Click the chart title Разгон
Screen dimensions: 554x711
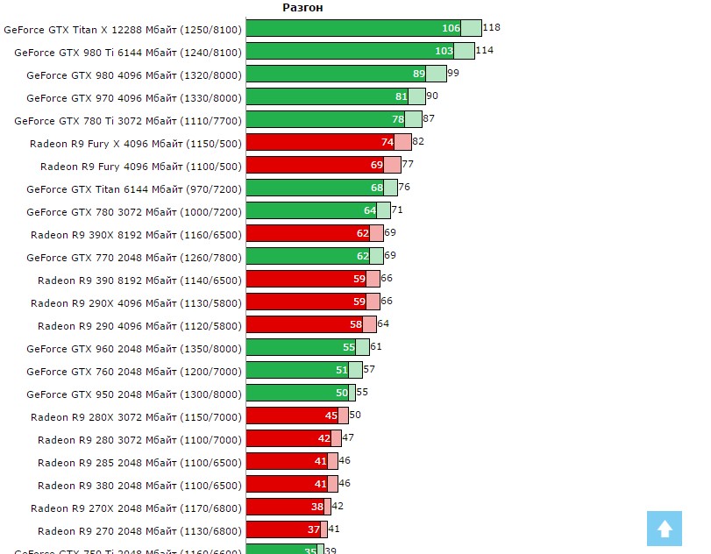click(x=302, y=8)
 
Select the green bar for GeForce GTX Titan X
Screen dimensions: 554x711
click(x=351, y=28)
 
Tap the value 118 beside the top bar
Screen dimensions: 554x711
click(x=492, y=28)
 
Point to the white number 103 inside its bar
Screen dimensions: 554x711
click(x=444, y=51)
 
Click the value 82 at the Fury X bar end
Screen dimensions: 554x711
click(x=418, y=142)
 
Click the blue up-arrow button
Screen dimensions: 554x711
click(x=665, y=529)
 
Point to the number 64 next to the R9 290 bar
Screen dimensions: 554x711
click(x=383, y=324)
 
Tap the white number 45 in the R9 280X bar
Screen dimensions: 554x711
click(x=331, y=415)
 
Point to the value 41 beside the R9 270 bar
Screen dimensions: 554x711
click(x=334, y=529)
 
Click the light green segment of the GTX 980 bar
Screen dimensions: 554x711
click(x=436, y=74)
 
